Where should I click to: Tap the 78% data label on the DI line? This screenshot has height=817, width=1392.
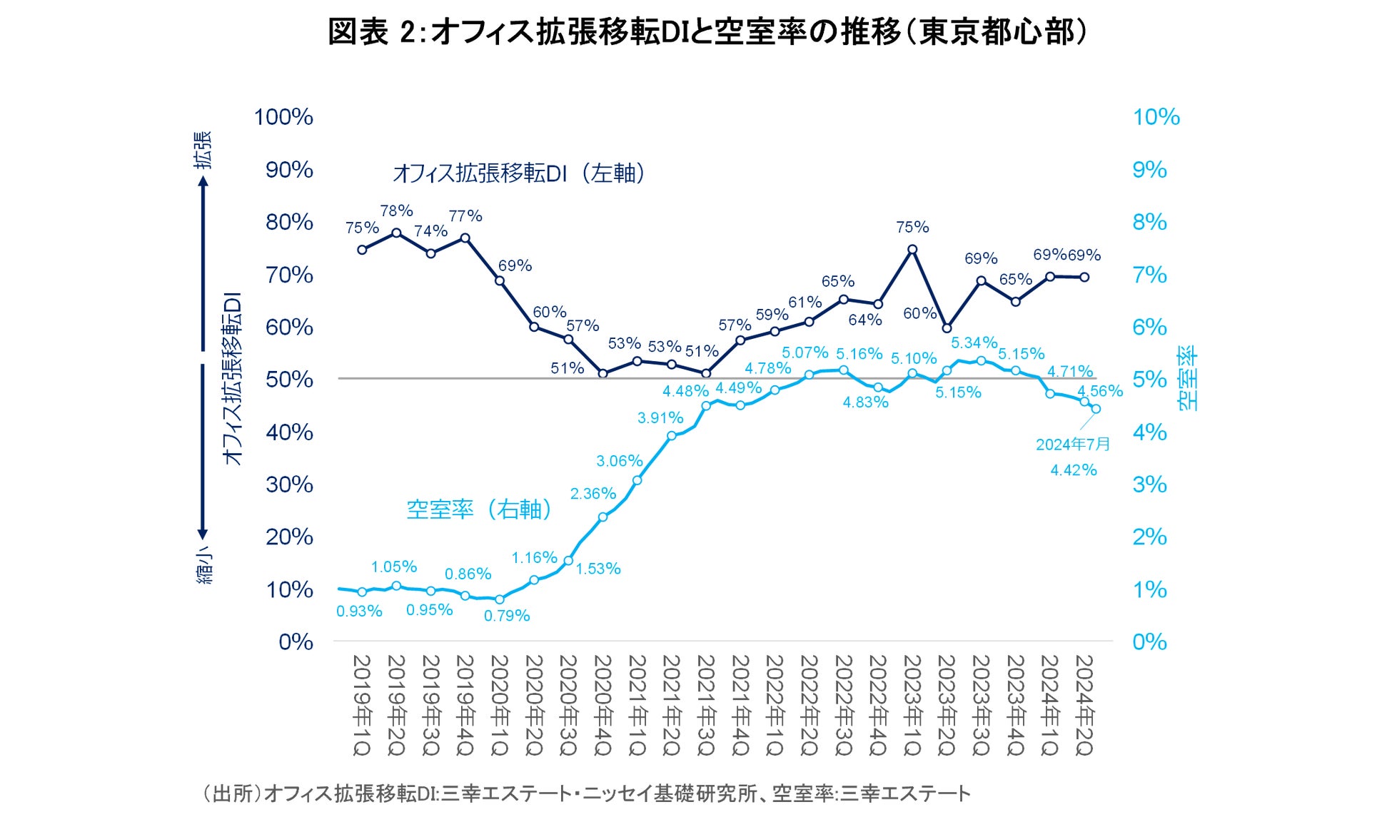[x=396, y=210]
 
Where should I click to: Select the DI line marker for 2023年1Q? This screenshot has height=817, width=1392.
[x=912, y=250]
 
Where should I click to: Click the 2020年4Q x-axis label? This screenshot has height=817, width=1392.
[x=602, y=705]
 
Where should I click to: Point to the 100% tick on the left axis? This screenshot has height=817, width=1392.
[x=283, y=117]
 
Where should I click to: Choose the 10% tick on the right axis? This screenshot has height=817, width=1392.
[x=1156, y=117]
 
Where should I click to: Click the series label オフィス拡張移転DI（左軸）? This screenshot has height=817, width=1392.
[x=519, y=173]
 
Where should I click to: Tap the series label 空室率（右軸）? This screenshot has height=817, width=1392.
[x=479, y=509]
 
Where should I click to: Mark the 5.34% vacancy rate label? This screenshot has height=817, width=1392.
[x=974, y=343]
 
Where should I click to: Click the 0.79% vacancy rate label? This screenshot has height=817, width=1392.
[x=507, y=616]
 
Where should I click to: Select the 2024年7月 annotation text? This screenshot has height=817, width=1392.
[x=1073, y=445]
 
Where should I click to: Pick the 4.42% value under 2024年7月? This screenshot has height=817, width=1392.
[x=1073, y=470]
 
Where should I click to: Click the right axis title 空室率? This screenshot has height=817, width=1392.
[x=1188, y=378]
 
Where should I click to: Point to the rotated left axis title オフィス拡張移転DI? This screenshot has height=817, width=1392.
[x=233, y=378]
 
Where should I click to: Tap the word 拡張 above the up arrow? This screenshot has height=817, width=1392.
[x=204, y=150]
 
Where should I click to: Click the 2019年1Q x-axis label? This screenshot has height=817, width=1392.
[x=362, y=705]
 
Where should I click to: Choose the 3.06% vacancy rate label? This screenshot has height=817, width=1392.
[x=620, y=461]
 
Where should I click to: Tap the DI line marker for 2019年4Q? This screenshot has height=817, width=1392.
[x=465, y=238]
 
